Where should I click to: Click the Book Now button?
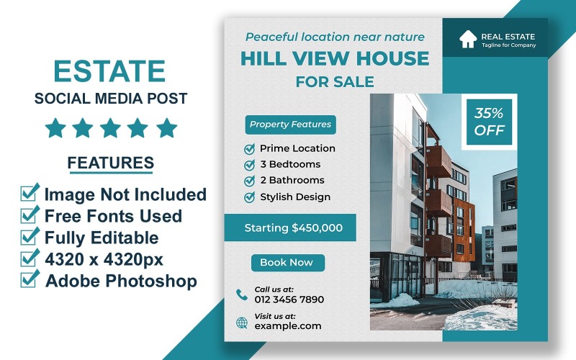coord(287,263)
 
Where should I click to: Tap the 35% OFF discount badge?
coord(489,122)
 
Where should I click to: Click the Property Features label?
coord(290,125)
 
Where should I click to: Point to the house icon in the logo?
coord(468,39)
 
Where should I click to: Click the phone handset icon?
coord(241,294)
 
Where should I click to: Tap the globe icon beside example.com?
coord(242,322)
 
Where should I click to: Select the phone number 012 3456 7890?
coord(289,300)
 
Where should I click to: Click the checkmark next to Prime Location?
coord(250,148)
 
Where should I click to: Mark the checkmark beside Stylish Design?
coord(250,197)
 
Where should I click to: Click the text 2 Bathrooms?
coord(292,180)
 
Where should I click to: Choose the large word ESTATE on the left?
coord(110,72)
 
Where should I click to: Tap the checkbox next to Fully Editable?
coord(30,236)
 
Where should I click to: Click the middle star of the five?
coord(111,128)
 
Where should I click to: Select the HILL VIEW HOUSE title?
coord(334,59)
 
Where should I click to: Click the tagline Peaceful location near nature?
coord(335,37)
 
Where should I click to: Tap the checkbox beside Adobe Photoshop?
coord(30,279)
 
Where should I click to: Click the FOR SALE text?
coord(334,82)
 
